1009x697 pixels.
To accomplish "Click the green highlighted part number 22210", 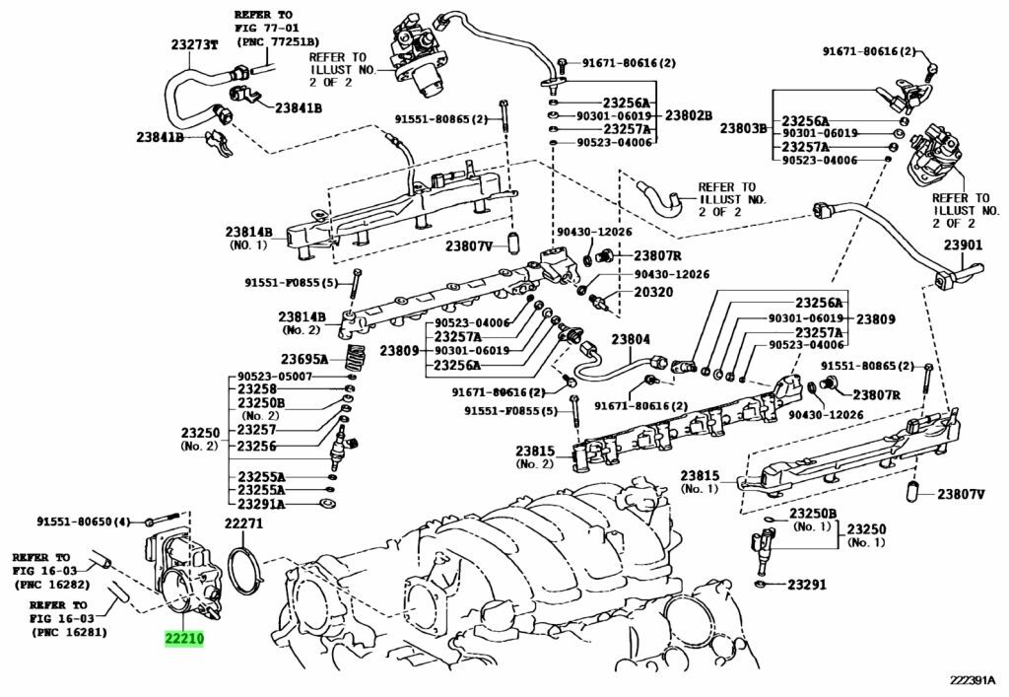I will coord(184,639).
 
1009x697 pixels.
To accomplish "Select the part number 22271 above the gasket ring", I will coord(243,523).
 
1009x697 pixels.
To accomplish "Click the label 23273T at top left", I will coord(193,44).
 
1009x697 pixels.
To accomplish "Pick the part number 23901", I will coord(963,244).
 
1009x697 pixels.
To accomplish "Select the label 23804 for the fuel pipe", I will coord(631,340).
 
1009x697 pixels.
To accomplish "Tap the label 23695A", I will coord(304,359).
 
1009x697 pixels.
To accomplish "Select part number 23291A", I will coord(261,503).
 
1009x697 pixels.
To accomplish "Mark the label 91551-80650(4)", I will coord(85,521).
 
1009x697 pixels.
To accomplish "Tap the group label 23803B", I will coord(743,128).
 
